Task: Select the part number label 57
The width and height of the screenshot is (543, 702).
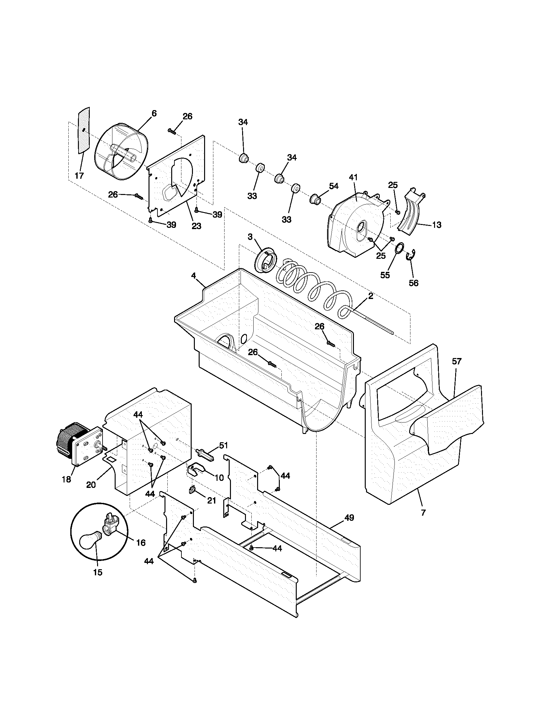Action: point(456,361)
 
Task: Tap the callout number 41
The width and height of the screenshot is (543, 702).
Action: point(353,177)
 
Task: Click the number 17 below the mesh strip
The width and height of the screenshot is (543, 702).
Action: point(79,175)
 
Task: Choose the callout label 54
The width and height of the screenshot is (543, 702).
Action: point(333,186)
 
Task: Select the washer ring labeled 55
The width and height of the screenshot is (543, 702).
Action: point(400,249)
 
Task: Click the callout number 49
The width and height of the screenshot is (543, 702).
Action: point(349,518)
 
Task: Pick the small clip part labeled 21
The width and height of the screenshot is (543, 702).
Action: point(192,490)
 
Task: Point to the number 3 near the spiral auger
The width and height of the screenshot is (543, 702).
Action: point(250,237)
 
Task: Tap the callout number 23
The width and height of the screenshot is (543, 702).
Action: point(196,226)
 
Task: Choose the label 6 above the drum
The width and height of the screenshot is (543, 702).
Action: point(154,113)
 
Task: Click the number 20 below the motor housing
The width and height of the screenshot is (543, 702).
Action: point(91,485)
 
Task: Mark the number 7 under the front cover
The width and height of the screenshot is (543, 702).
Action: point(423,513)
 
